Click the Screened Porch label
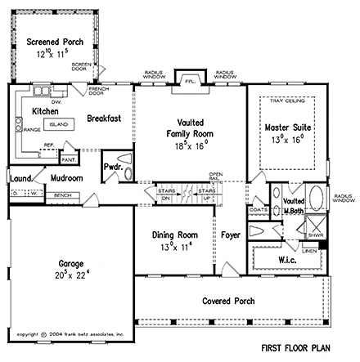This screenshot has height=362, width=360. pos(52,42)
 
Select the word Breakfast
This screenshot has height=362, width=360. pos(104,118)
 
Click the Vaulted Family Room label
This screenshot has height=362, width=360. pos(188,123)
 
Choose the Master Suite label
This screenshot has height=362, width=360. pos(286,127)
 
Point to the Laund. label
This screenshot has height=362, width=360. pos(21,177)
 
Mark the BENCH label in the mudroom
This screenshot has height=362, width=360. pos(61,196)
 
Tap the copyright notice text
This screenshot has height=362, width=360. pos(70,334)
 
